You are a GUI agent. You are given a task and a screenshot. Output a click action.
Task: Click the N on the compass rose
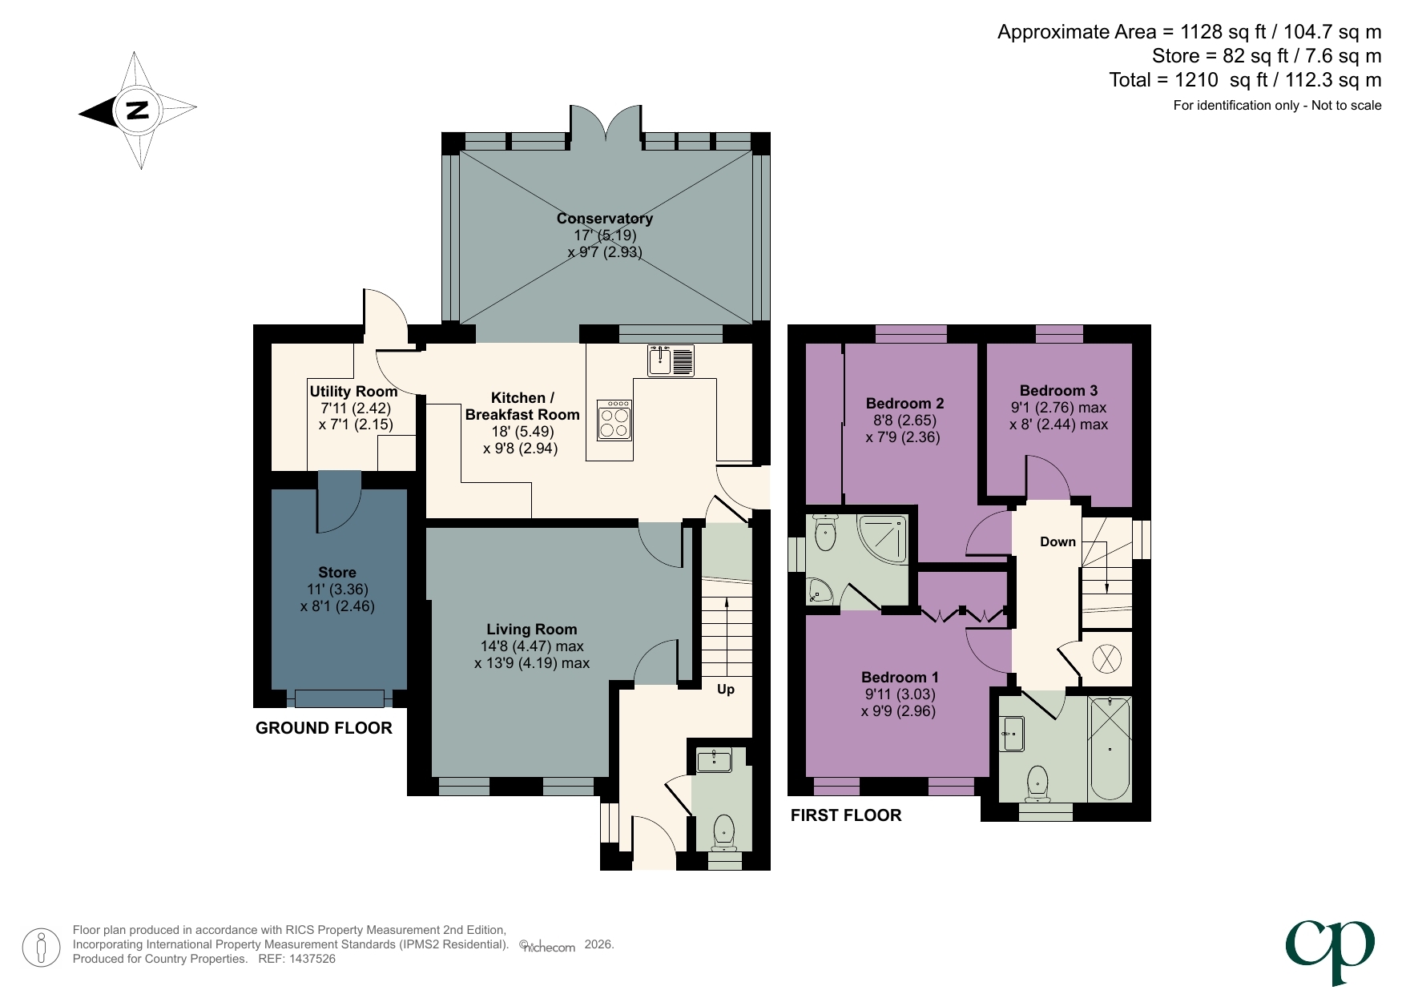click(x=138, y=110)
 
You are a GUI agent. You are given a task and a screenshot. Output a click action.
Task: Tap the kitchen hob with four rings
click(x=614, y=421)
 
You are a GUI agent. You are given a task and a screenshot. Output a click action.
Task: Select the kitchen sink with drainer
click(x=671, y=360)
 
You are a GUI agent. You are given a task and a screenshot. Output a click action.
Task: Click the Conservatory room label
click(x=605, y=219)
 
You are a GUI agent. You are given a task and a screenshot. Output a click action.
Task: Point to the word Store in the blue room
click(x=336, y=572)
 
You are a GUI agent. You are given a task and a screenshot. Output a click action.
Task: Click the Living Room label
click(x=531, y=630)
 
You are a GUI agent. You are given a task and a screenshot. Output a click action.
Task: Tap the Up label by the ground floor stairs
click(x=726, y=689)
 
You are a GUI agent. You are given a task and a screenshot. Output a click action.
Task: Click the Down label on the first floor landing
click(x=1058, y=541)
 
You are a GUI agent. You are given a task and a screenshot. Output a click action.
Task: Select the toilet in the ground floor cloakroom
click(x=724, y=831)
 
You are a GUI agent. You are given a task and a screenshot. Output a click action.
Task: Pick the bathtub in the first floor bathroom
click(x=1110, y=747)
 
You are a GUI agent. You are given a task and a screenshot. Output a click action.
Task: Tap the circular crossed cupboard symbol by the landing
click(x=1107, y=659)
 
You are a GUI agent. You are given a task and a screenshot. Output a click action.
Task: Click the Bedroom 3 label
click(x=1058, y=390)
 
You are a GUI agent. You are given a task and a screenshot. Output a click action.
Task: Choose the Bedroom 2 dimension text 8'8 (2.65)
click(x=904, y=421)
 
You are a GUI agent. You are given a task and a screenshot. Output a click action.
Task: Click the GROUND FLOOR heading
click(x=324, y=728)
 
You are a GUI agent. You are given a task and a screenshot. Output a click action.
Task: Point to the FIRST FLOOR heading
click(x=846, y=815)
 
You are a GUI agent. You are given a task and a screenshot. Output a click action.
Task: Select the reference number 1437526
click(x=312, y=959)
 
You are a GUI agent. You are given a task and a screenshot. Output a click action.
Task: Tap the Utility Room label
click(x=353, y=391)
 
